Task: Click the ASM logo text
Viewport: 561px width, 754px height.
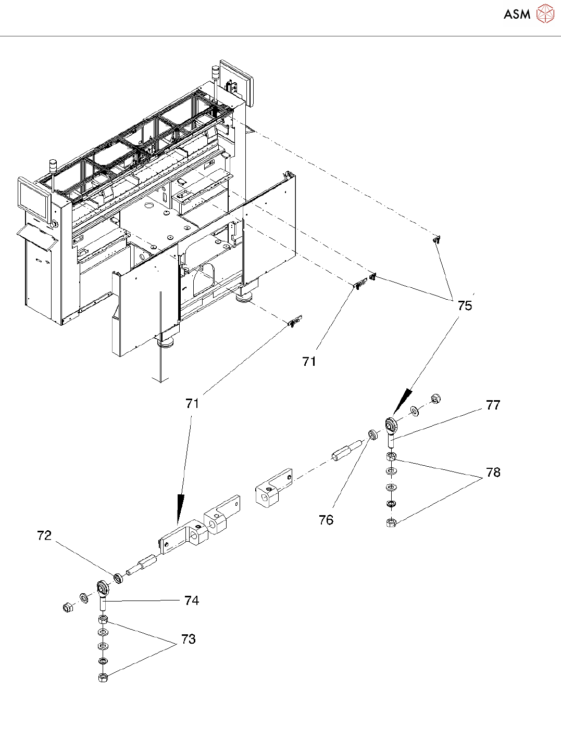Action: pos(517,14)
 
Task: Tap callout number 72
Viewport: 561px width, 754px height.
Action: pos(44,535)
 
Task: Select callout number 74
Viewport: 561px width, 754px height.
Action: pos(192,600)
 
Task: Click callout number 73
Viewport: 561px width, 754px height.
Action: pos(189,639)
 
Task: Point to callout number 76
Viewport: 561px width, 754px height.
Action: pos(326,520)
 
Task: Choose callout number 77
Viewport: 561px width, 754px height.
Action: pos(493,405)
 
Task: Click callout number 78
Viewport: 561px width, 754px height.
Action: pos(493,472)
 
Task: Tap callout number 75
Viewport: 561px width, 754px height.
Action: pos(465,305)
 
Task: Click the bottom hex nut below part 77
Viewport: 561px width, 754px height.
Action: pos(391,522)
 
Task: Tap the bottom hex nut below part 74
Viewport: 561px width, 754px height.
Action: pos(103,677)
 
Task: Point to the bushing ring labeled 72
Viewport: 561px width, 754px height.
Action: pos(118,578)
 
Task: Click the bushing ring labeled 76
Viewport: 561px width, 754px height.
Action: pos(373,434)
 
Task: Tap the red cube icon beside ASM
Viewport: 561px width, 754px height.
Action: pos(545,14)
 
